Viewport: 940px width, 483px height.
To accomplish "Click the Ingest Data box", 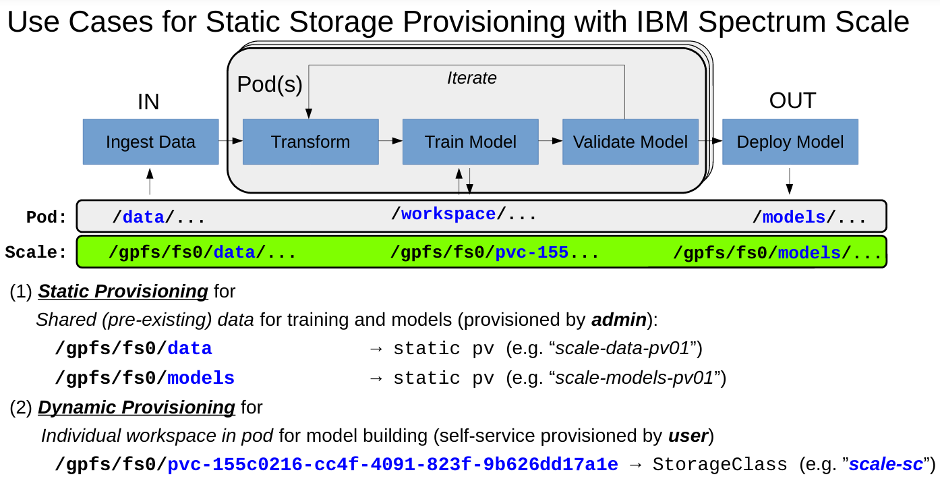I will pyautogui.click(x=150, y=142).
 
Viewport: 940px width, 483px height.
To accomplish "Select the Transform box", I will pyautogui.click(x=310, y=142).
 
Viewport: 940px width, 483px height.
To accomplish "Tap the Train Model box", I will pyautogui.click(x=470, y=142).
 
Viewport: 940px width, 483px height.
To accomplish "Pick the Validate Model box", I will pyautogui.click(x=630, y=142).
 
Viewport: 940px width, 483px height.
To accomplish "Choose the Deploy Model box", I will pyautogui.click(x=790, y=142).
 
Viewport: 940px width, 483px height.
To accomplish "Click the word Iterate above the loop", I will pyautogui.click(x=471, y=78).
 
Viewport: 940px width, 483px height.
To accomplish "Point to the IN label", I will pyautogui.click(x=148, y=102).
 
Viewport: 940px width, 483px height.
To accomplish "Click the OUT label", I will pyautogui.click(x=792, y=101).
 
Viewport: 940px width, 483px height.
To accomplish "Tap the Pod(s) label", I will pyautogui.click(x=270, y=84).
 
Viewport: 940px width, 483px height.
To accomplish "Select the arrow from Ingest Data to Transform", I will pyautogui.click(x=230, y=141).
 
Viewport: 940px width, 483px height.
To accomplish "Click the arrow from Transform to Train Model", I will pyautogui.click(x=390, y=141).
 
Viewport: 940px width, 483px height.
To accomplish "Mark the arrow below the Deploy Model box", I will pyautogui.click(x=790, y=181).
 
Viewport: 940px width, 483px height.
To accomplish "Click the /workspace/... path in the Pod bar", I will pyautogui.click(x=464, y=215).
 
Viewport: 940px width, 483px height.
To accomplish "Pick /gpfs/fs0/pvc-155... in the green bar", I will pyautogui.click(x=495, y=253).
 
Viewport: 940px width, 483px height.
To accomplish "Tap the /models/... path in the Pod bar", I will pyautogui.click(x=809, y=217).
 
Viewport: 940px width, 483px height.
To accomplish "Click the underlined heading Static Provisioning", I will pyautogui.click(x=123, y=291).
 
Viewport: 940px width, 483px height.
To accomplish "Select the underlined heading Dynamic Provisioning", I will pyautogui.click(x=136, y=407).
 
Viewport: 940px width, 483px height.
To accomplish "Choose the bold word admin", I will pyautogui.click(x=619, y=320).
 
